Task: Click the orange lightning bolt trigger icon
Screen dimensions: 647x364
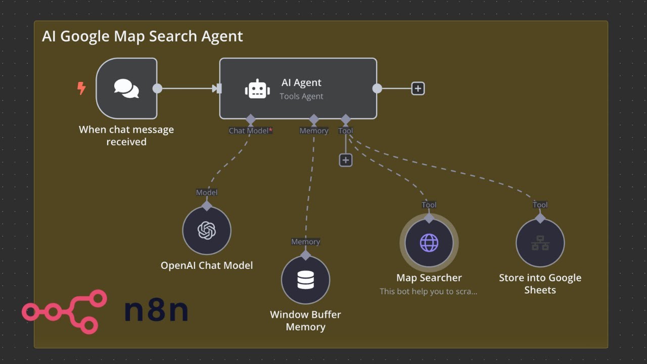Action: point(81,88)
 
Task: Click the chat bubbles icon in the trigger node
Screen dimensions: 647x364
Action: point(126,88)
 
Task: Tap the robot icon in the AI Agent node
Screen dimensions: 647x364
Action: point(257,88)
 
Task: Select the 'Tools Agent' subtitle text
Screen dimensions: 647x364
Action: point(301,96)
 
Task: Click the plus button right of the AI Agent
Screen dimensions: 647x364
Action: point(418,88)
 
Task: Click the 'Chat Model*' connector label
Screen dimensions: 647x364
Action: point(250,130)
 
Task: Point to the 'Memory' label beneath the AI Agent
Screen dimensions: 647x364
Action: point(314,130)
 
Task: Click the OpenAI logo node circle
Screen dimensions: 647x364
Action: point(207,231)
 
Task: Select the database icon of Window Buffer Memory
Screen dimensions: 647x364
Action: point(306,280)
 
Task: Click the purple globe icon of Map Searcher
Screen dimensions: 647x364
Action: point(429,243)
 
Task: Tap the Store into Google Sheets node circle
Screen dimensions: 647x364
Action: point(540,243)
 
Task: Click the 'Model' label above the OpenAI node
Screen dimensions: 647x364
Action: point(207,193)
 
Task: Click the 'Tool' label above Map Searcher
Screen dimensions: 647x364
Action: point(429,205)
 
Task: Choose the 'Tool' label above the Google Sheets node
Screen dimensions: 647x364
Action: point(540,205)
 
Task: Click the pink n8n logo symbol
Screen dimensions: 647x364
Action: point(65,312)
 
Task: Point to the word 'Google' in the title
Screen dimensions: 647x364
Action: point(85,36)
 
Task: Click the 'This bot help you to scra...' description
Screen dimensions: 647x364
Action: point(428,291)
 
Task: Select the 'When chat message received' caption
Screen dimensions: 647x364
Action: point(126,135)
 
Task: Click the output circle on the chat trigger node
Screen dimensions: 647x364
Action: point(157,88)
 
